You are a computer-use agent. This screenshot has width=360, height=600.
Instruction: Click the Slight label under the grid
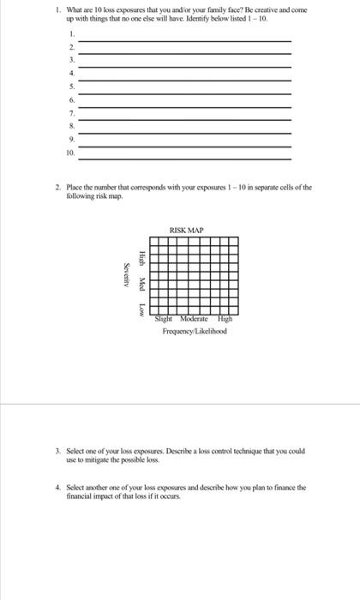[165, 318]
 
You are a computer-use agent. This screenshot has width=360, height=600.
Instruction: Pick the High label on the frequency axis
[225, 318]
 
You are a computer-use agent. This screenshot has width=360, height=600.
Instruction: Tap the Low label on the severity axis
[142, 307]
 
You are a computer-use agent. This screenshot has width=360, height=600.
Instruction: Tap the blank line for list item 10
[184, 159]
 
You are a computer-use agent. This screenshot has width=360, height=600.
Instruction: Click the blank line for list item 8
[184, 134]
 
